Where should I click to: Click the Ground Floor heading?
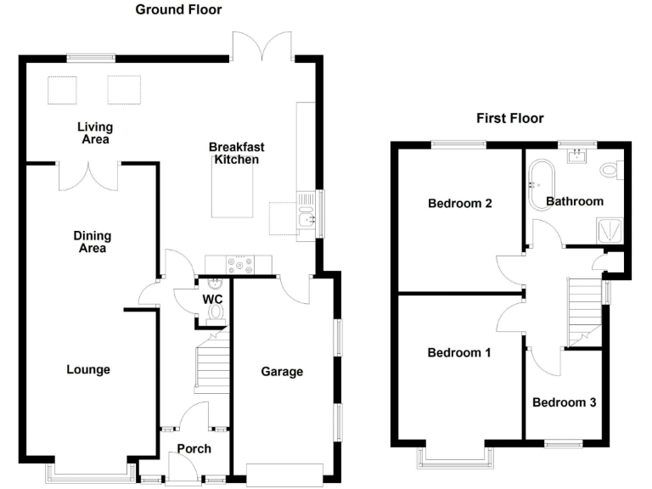[178, 9]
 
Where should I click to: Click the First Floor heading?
[509, 118]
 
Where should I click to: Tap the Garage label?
[282, 371]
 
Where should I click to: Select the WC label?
[212, 299]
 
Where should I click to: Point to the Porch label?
[194, 448]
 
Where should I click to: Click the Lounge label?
[88, 369]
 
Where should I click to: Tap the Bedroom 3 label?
[565, 402]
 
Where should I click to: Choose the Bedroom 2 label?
[460, 203]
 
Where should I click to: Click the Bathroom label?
[575, 201]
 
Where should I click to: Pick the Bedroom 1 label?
[459, 352]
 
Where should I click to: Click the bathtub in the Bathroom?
[541, 184]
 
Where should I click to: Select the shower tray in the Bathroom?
[610, 230]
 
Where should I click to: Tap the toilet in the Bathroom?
[612, 170]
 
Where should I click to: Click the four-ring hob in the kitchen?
[239, 265]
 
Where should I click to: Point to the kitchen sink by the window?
[306, 215]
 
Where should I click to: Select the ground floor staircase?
[212, 360]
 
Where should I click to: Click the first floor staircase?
[585, 312]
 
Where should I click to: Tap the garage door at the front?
[285, 475]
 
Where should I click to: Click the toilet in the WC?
[216, 314]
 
